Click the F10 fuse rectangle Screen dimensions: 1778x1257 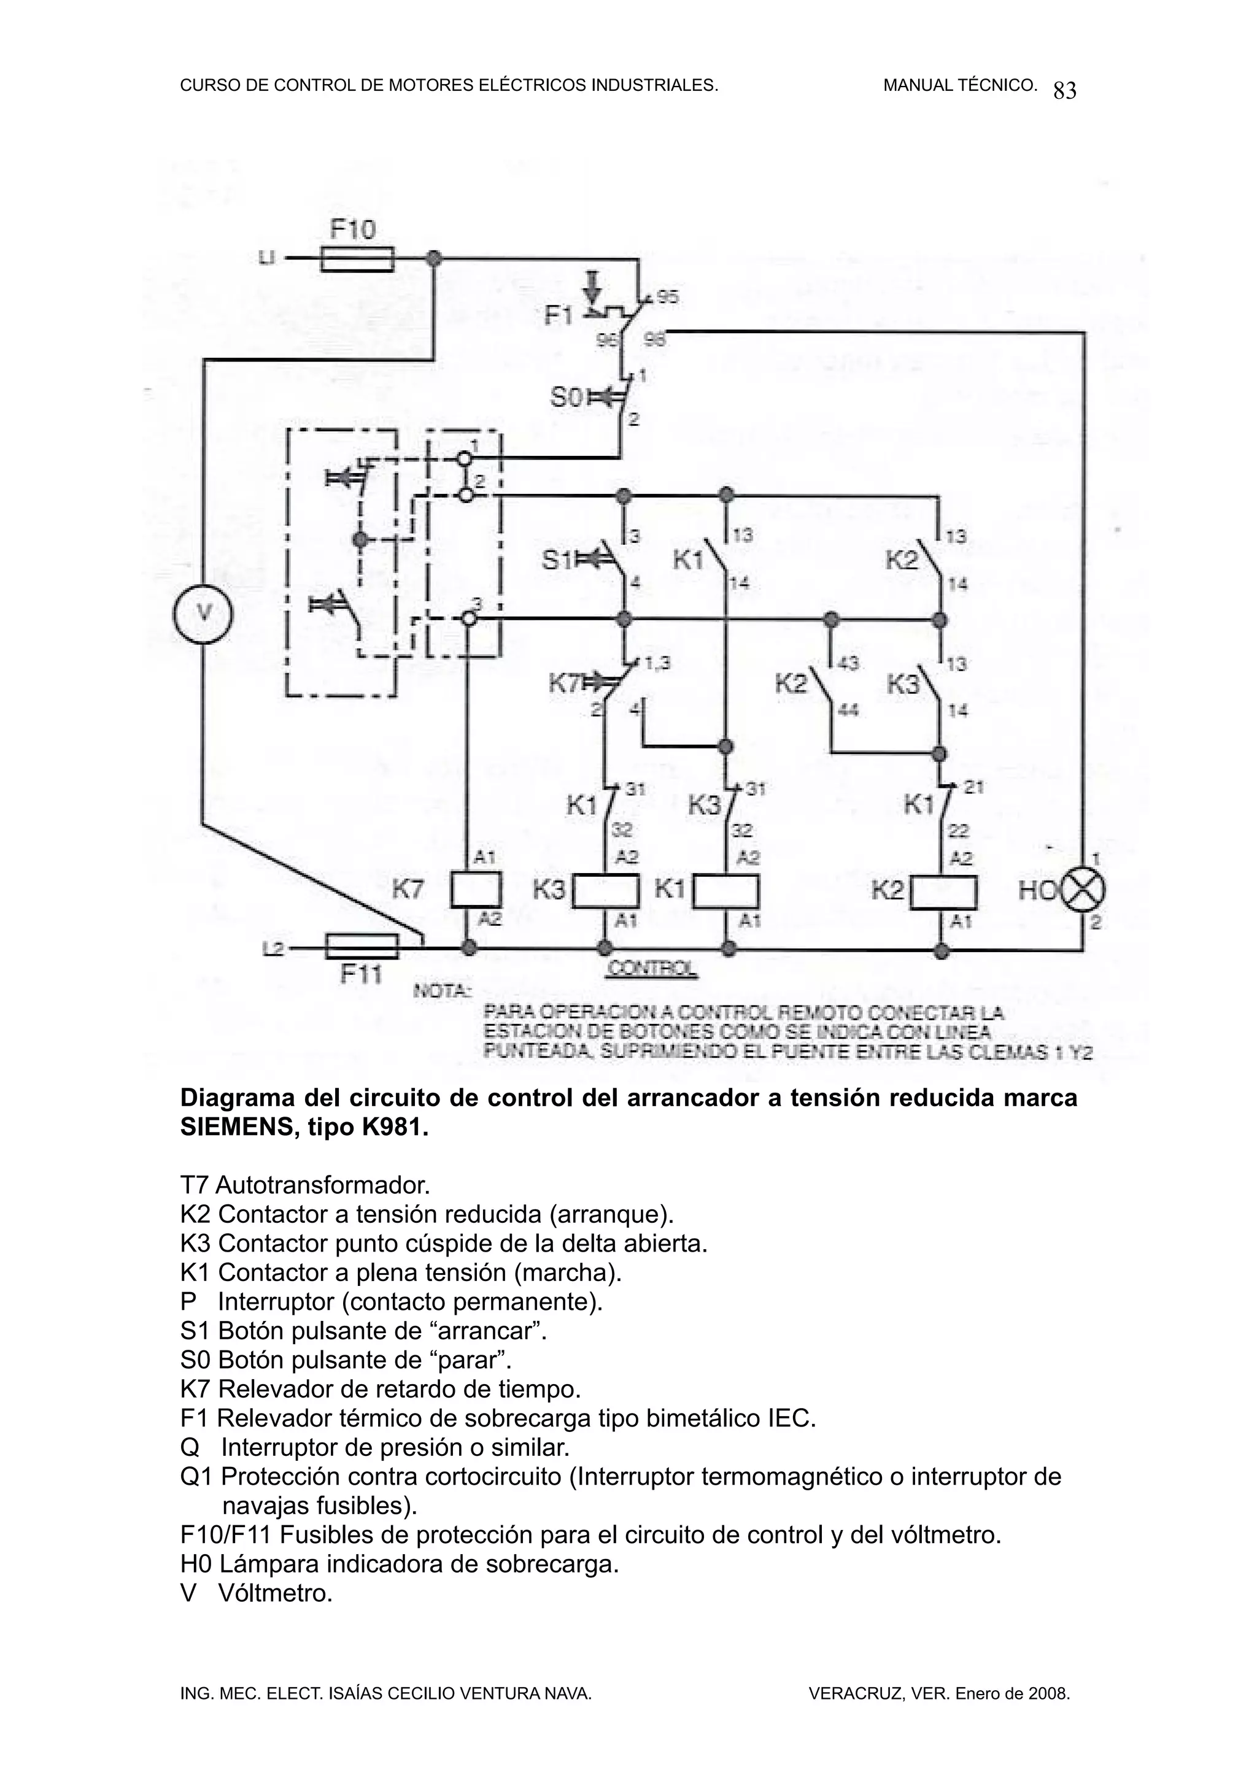pyautogui.click(x=357, y=259)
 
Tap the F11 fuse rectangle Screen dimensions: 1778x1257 pyautogui.click(x=362, y=946)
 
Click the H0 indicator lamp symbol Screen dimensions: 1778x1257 pyautogui.click(x=1083, y=891)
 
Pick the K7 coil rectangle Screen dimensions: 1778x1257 pyautogui.click(x=476, y=890)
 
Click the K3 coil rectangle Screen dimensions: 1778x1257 pyautogui.click(x=605, y=891)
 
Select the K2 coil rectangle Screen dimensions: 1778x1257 pyautogui.click(x=943, y=892)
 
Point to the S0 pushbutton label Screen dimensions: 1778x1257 pyautogui.click(x=566, y=398)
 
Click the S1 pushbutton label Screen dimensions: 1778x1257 pyautogui.click(x=556, y=559)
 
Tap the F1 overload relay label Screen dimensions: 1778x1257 pyautogui.click(x=559, y=315)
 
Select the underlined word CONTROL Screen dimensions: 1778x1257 pyautogui.click(x=651, y=968)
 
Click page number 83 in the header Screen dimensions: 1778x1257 pyautogui.click(x=1065, y=91)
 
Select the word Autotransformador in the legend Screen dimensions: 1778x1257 pyautogui.click(x=322, y=1185)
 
